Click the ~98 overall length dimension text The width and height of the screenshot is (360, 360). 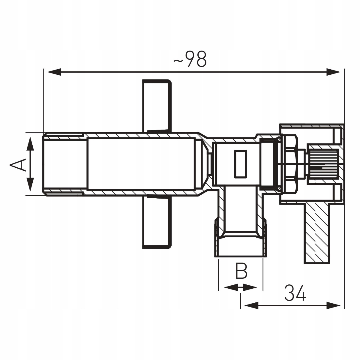click(x=190, y=59)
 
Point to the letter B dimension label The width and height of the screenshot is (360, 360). click(x=241, y=271)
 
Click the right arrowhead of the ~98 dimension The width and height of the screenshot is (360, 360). click(x=334, y=72)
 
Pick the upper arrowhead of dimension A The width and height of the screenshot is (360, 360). click(x=30, y=144)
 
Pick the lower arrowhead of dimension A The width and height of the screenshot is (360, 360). click(x=30, y=184)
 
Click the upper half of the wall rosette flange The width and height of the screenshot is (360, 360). click(x=157, y=105)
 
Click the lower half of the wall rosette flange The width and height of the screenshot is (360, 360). click(x=157, y=222)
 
